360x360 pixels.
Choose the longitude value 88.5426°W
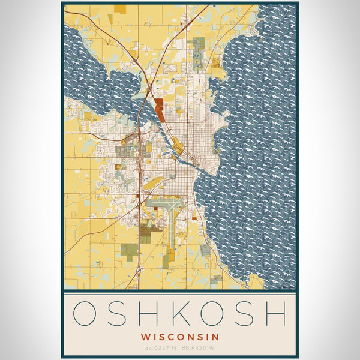(199, 348)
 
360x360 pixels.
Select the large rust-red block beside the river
(159, 111)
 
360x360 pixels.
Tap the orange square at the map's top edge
(121, 9)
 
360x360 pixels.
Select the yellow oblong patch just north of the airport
(153, 182)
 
